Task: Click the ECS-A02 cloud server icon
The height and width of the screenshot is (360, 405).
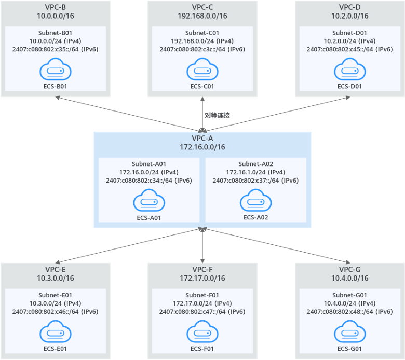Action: point(255,200)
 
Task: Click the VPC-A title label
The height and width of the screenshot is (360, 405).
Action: point(202,139)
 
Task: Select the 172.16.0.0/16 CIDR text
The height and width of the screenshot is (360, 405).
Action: point(202,147)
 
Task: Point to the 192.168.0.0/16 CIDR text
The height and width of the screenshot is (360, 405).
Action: point(202,16)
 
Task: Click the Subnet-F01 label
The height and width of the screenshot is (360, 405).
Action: point(202,294)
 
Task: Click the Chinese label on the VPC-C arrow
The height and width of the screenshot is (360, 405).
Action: point(217,115)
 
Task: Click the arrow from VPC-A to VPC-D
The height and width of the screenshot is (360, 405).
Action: point(275,114)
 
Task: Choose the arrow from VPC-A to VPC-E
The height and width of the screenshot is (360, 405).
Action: point(130,245)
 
